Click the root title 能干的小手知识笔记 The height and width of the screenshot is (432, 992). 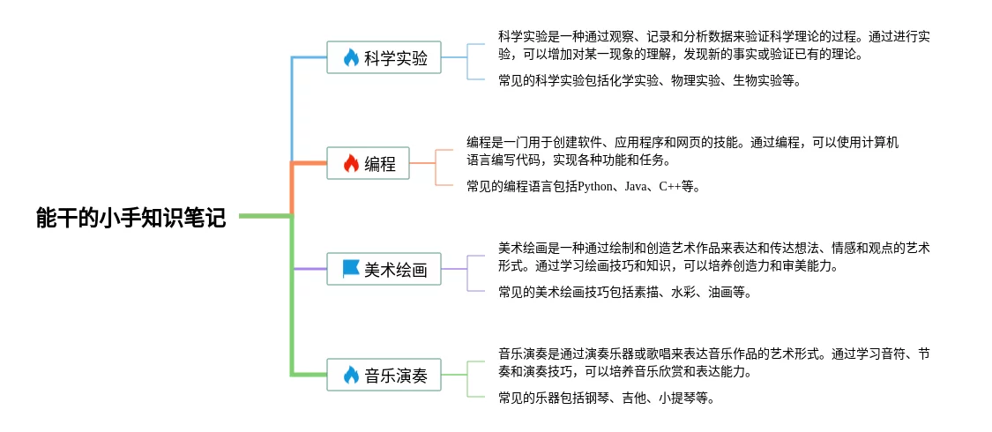point(131,218)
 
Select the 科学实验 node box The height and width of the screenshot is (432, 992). point(384,58)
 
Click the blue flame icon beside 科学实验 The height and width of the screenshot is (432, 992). point(351,58)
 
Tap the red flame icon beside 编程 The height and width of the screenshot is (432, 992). point(351,163)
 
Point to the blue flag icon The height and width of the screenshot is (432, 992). point(351,270)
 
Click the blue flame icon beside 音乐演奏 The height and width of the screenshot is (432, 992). point(351,376)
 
